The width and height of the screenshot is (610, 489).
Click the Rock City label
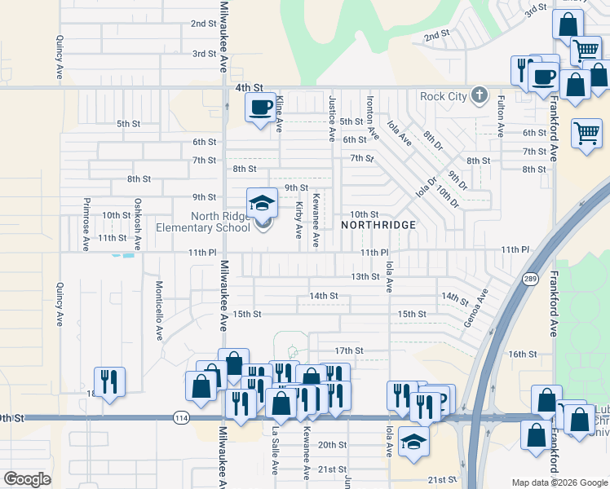444,97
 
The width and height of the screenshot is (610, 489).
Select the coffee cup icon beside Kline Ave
261,108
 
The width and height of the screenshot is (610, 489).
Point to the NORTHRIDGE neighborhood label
378,224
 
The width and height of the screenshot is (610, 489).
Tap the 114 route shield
181,418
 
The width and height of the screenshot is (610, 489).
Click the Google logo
27,479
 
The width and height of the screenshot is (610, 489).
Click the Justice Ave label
332,117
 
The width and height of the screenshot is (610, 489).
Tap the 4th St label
250,87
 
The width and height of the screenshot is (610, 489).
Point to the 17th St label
348,350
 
